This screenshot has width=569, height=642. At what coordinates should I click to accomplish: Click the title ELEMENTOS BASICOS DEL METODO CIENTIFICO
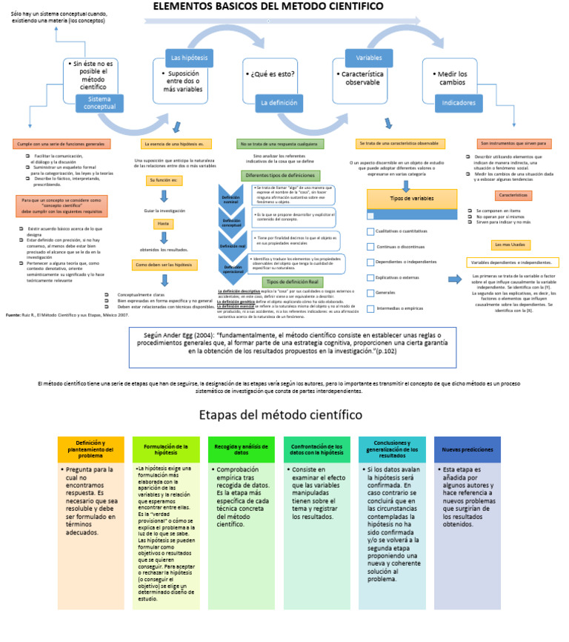(279, 7)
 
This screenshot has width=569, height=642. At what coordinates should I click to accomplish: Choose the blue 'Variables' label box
(369, 58)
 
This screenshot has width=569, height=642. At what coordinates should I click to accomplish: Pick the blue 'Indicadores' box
(459, 103)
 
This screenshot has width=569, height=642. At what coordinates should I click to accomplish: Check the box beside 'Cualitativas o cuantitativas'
(370, 231)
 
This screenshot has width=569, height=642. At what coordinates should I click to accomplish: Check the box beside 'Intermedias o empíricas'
(370, 308)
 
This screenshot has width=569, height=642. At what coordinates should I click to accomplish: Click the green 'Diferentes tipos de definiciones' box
(279, 175)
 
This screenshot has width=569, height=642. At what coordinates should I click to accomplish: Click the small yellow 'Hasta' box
(163, 224)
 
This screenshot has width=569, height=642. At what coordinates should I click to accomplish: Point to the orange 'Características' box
(513, 195)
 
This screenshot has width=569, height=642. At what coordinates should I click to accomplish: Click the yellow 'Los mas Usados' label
(511, 245)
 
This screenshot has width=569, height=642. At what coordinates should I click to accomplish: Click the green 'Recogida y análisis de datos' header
(242, 450)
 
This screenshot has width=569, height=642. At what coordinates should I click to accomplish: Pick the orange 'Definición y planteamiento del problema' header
(91, 450)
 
